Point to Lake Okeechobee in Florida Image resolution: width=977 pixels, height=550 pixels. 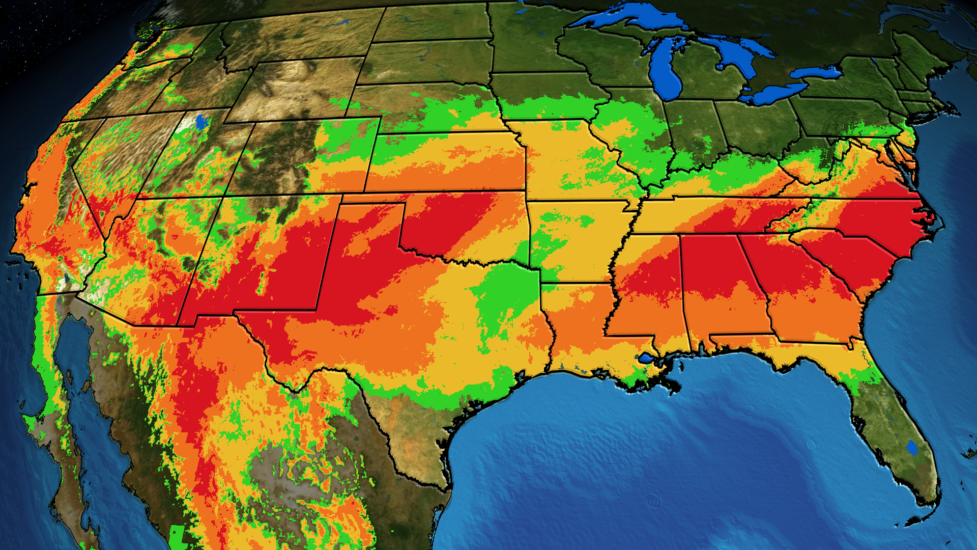point(911,448)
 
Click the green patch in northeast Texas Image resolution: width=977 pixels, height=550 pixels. point(504,295)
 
